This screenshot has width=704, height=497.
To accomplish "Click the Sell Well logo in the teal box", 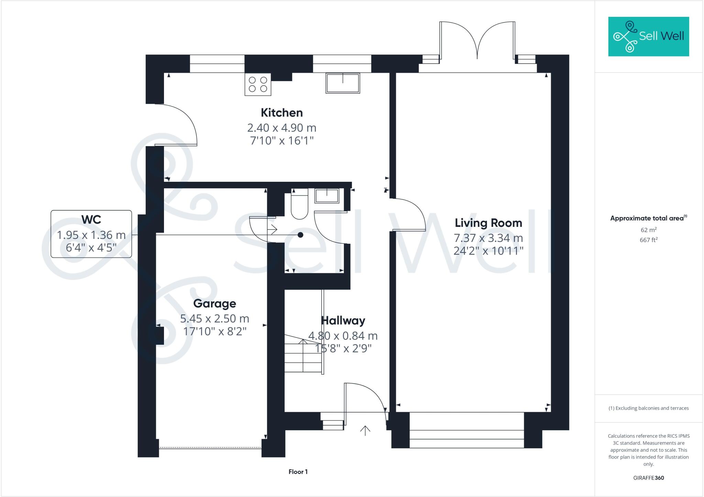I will tap(648, 36).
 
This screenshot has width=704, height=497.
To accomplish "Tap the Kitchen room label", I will tap(282, 113).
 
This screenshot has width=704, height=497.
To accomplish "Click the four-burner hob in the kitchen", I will tap(258, 84).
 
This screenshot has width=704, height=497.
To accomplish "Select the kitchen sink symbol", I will tap(343, 83).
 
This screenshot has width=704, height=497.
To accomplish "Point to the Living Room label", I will tap(488, 223).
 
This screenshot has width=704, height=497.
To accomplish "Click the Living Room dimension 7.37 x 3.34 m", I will tap(488, 238).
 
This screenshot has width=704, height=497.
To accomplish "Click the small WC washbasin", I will tap(327, 196).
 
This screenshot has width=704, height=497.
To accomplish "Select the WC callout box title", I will tap(91, 219).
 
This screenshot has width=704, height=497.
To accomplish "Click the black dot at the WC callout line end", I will tap(300, 235).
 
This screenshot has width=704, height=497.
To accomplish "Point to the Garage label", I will tap(214, 303).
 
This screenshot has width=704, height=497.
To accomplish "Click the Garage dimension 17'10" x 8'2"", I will tap(214, 331).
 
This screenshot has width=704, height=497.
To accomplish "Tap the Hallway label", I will tap(343, 321).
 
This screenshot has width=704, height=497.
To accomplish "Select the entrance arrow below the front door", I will tap(365, 431).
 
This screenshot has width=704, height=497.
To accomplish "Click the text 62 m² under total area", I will tap(648, 230).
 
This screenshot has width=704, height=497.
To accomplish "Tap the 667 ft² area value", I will tap(648, 240).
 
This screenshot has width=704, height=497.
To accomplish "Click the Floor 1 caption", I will tap(298, 472).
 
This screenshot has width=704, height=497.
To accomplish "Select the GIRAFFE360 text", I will tap(648, 478).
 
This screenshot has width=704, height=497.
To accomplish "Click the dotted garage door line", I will tap(210, 448).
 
